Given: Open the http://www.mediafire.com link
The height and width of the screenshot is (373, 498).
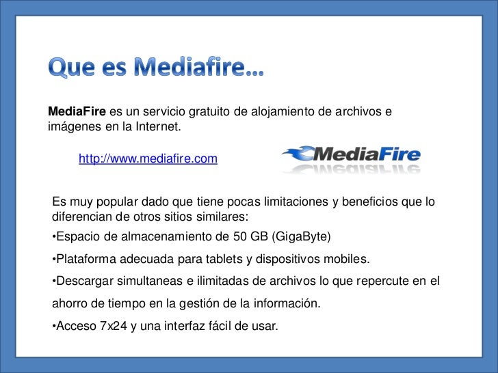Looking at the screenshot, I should [x=148, y=159].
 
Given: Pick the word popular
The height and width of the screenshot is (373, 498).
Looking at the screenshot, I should [x=116, y=203].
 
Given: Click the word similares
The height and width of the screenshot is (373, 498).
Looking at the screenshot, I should [x=222, y=217].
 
